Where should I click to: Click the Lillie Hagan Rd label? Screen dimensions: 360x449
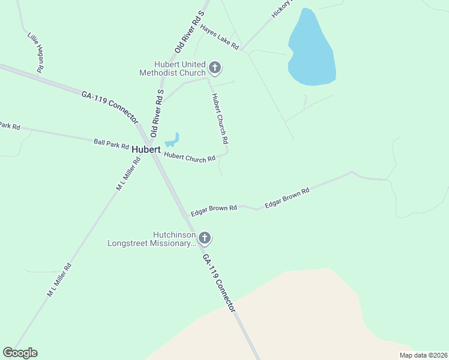tap(35, 52)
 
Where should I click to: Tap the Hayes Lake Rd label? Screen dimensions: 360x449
tap(220, 37)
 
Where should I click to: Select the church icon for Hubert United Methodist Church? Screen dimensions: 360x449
tap(215, 68)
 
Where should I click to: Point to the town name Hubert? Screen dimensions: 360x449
tap(146, 149)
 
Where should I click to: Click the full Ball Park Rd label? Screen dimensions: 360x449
tap(111, 145)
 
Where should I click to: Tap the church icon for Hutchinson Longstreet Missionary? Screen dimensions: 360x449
tap(205, 239)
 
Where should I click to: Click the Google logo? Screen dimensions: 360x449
tap(20, 353)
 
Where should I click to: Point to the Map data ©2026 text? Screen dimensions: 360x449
tap(423, 355)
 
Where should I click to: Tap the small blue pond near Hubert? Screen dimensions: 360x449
tap(172, 140)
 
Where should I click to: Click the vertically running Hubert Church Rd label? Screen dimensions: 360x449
tap(219, 118)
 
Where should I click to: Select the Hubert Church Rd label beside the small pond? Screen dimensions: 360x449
tap(190, 157)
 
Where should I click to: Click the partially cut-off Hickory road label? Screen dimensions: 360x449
tap(281, 8)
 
